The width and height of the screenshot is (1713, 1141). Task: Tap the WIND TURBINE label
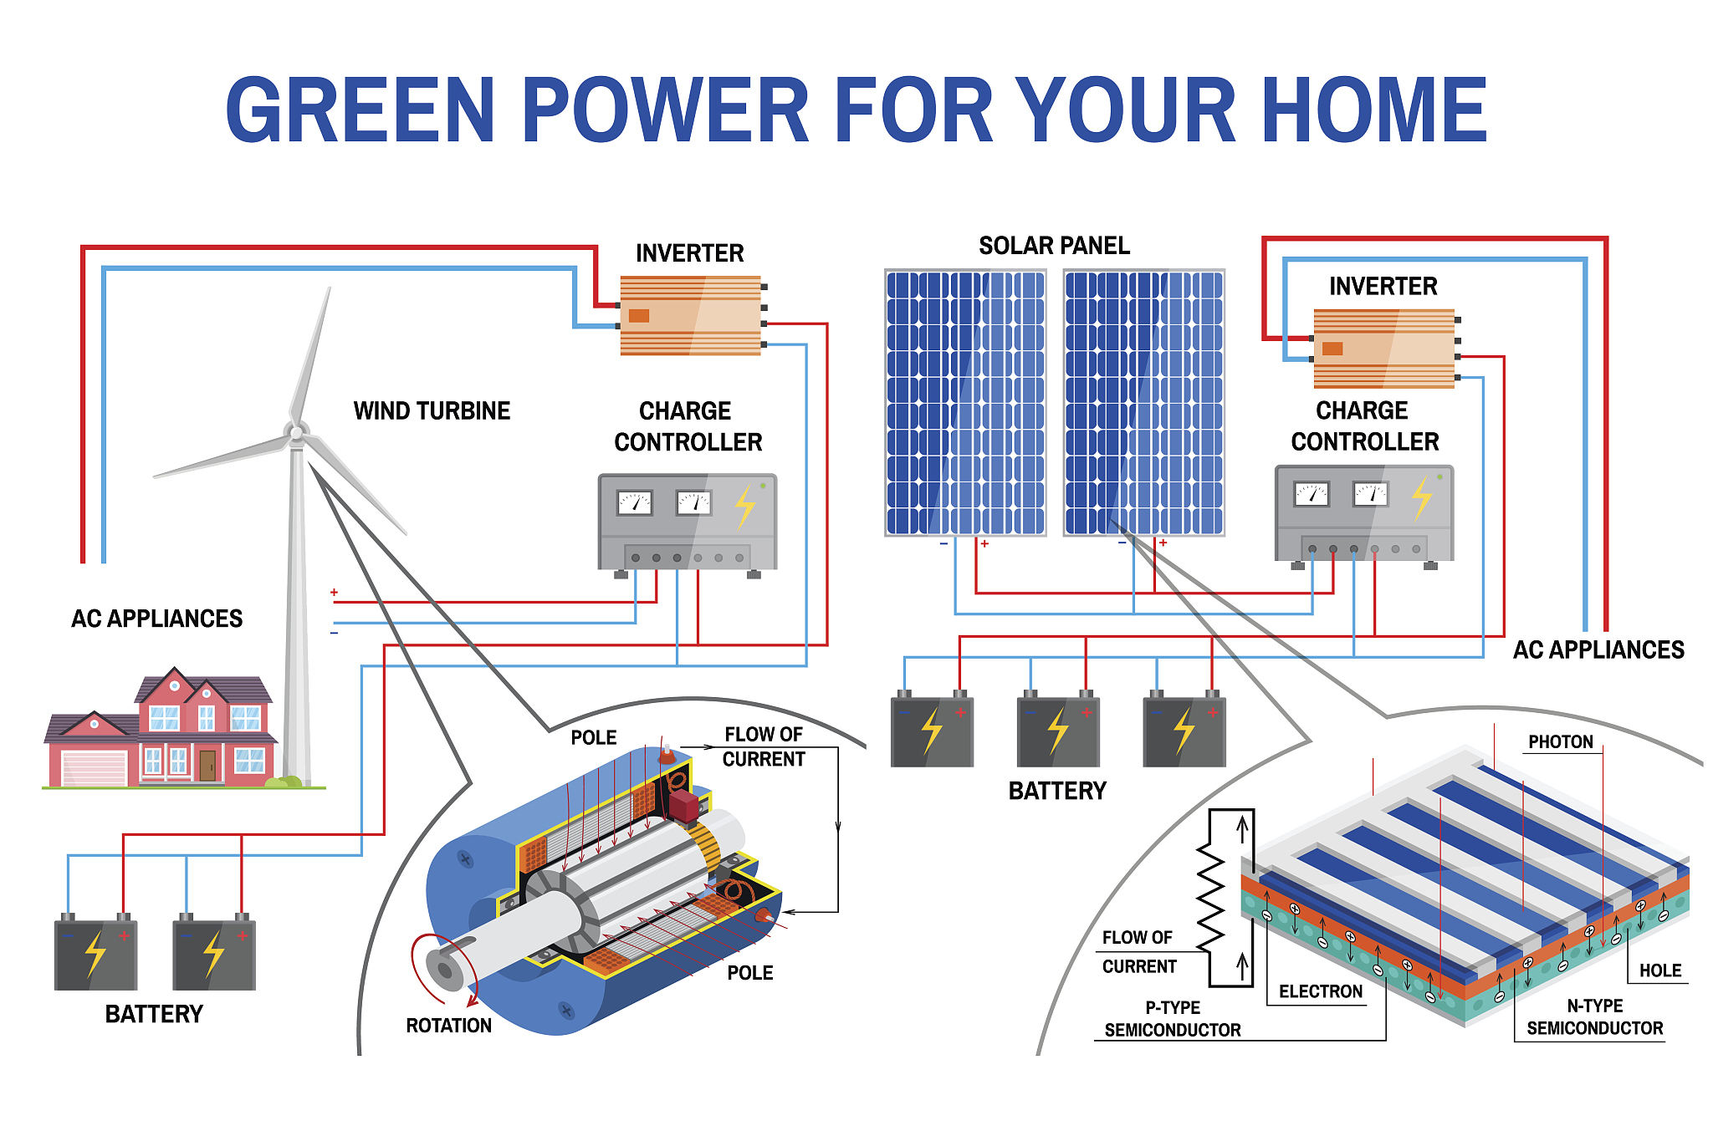coord(432,411)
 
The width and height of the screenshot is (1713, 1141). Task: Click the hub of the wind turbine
coord(295,433)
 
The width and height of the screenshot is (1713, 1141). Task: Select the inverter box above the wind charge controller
coord(690,315)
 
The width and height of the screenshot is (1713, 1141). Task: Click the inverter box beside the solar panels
coord(1383,349)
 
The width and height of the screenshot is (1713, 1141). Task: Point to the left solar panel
coord(965,402)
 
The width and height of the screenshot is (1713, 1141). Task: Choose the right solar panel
coord(1143,402)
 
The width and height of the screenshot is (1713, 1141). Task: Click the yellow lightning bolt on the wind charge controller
coord(744,505)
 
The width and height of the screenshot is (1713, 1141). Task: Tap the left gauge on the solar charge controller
coord(1311,494)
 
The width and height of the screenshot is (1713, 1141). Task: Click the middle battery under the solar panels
coord(1058,731)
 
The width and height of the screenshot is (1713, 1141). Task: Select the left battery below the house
coord(95,954)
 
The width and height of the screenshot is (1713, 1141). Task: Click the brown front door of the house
coord(207,765)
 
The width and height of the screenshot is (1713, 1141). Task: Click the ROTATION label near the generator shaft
coord(448,1026)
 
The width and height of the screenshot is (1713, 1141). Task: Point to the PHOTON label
coord(1560,742)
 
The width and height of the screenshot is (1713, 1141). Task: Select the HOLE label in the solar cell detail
coord(1659,970)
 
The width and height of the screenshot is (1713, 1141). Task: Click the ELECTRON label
coord(1320,991)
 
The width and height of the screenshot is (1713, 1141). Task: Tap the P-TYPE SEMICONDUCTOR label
coord(1172,1019)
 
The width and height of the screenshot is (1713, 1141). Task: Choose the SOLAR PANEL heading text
coord(1054,246)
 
